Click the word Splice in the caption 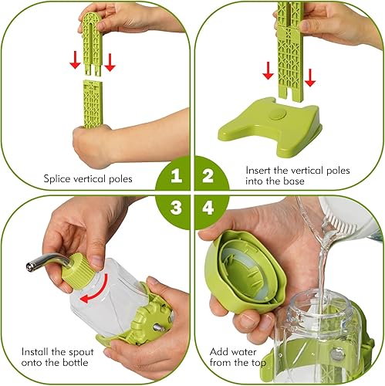coord(58,179)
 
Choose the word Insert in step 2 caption coord(260,169)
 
